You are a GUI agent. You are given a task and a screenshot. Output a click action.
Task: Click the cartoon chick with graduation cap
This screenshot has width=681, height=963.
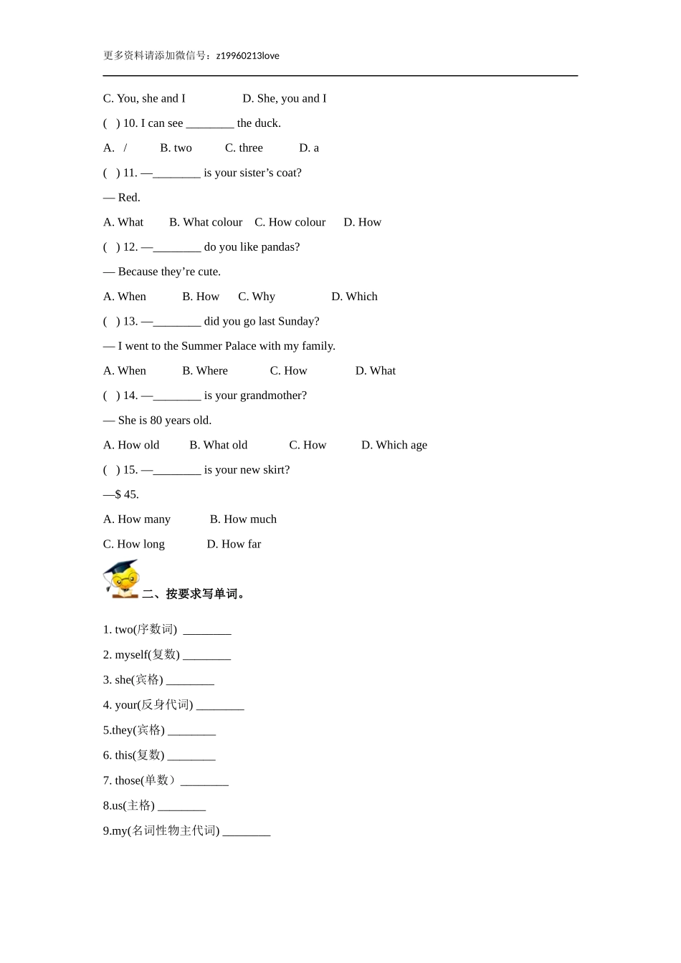121,579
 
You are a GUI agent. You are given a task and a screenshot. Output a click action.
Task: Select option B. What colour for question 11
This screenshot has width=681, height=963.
206,222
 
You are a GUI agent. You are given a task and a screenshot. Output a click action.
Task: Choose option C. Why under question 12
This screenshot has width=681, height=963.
257,297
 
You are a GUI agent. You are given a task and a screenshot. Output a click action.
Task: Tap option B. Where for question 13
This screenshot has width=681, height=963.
205,371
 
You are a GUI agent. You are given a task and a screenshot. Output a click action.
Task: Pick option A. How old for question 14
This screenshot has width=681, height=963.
131,445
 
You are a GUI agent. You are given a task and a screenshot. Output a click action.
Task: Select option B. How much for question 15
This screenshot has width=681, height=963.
243,519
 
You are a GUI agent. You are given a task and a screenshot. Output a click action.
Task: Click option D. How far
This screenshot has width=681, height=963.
234,545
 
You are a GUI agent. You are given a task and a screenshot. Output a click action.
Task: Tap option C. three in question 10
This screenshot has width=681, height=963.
244,148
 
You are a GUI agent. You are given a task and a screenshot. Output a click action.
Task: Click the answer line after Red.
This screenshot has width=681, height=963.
122,198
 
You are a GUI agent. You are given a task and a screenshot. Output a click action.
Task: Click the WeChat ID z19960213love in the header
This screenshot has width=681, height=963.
247,56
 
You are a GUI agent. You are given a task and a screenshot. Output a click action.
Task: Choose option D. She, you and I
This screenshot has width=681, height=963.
284,99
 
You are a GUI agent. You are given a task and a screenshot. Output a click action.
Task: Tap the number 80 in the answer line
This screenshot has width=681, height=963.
156,421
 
